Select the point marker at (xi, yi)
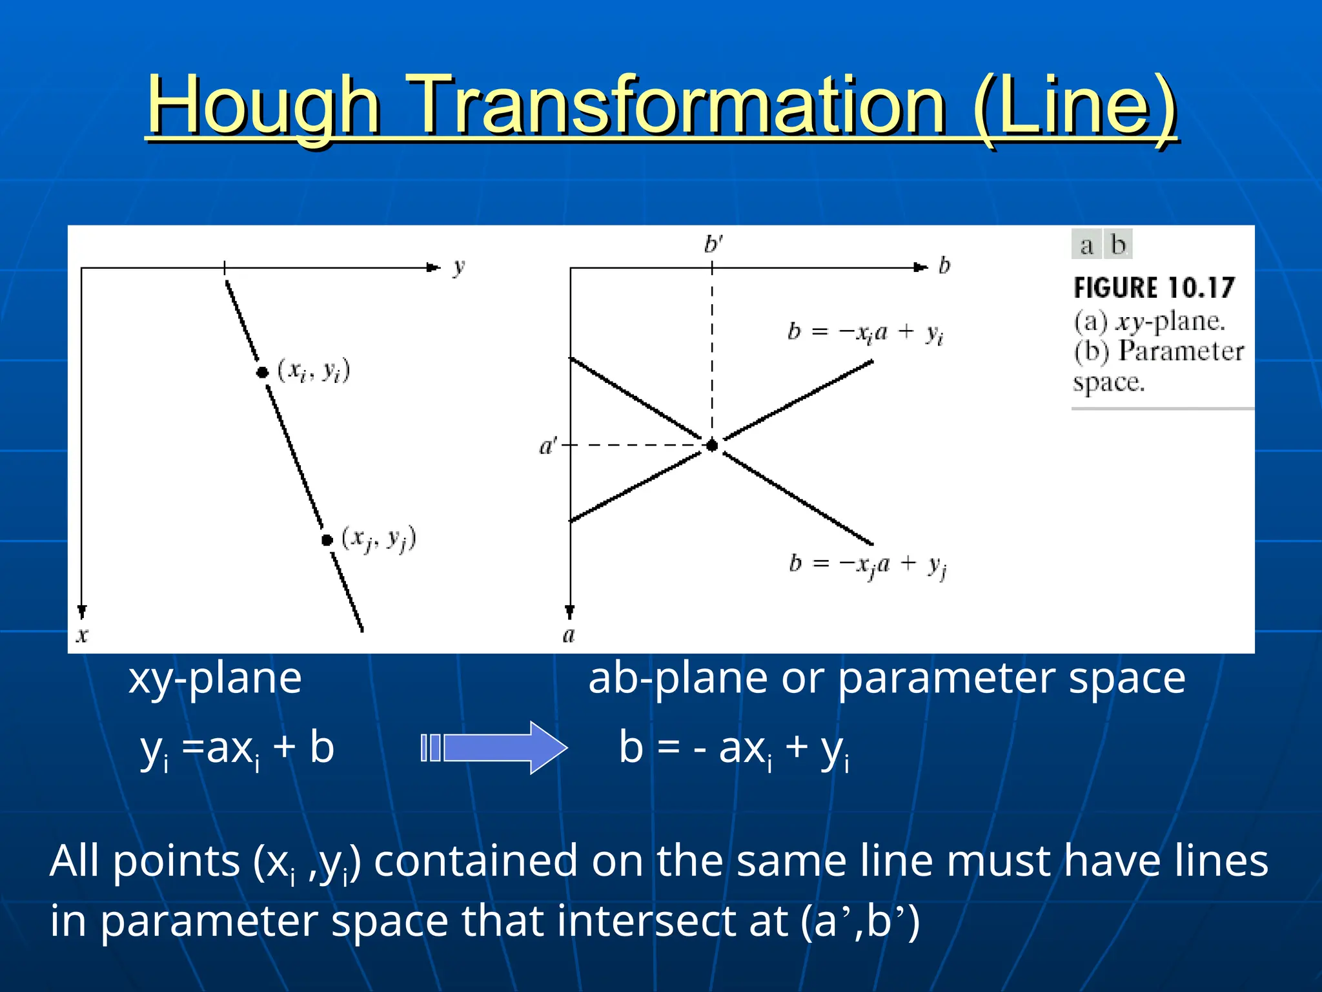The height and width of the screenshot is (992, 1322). [262, 373]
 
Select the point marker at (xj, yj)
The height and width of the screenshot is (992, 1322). [327, 540]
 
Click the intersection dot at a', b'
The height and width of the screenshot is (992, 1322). [712, 445]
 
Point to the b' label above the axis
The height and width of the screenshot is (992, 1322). [713, 245]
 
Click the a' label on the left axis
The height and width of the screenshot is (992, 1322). [547, 446]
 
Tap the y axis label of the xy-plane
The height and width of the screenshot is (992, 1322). [458, 267]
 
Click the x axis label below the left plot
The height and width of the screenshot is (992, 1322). [82, 635]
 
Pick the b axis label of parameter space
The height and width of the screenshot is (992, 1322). [944, 265]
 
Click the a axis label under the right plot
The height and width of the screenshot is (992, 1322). [569, 635]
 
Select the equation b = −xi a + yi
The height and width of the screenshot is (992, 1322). [866, 333]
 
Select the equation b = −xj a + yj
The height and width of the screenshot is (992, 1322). [867, 565]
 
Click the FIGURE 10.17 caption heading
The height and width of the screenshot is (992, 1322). [1154, 288]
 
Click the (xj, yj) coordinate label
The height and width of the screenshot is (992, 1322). [378, 539]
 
